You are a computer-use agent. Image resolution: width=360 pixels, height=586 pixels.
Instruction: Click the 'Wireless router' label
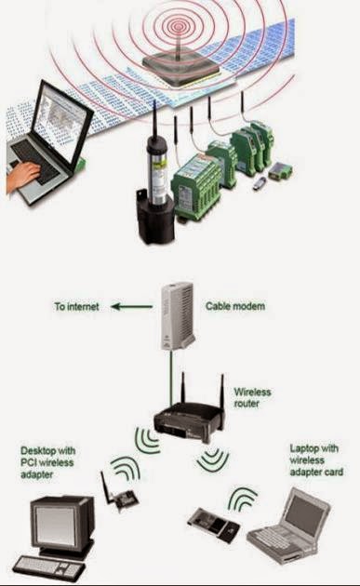tap(252, 398)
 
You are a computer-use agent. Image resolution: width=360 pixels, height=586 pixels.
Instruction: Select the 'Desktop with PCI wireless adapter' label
tap(49, 462)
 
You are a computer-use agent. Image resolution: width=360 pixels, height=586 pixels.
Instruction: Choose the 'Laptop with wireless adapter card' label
tap(316, 459)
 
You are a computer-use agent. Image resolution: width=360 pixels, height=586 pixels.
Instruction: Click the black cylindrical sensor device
tap(155, 191)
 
